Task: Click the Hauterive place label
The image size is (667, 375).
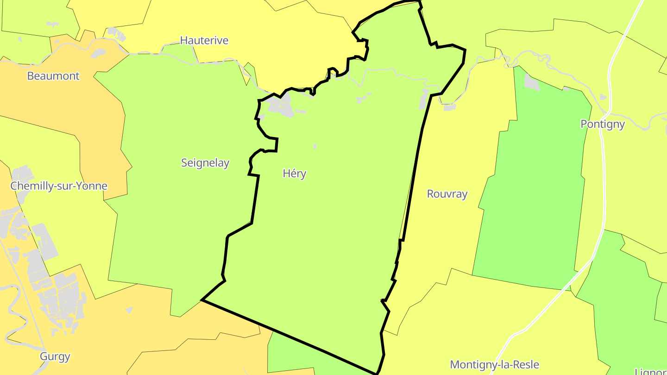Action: tap(204, 40)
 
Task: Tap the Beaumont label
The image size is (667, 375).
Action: tap(53, 76)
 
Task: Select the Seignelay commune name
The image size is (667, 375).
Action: tap(205, 163)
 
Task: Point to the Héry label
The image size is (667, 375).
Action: tap(295, 174)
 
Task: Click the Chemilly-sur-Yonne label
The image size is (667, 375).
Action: tap(59, 186)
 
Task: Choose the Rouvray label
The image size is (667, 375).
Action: tap(447, 194)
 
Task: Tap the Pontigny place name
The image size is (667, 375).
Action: tap(603, 124)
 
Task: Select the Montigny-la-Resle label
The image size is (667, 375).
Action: tap(494, 365)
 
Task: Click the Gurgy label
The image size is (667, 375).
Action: tap(55, 356)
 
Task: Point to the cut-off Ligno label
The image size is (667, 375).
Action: tap(650, 371)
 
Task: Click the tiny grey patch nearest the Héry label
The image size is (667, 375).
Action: tap(315, 146)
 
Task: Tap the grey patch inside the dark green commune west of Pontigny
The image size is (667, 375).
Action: tap(531, 82)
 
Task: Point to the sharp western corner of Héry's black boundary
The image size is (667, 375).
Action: tap(202, 300)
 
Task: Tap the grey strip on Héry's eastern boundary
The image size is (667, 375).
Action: tap(423, 100)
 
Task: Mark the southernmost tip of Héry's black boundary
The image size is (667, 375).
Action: tap(377, 373)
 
